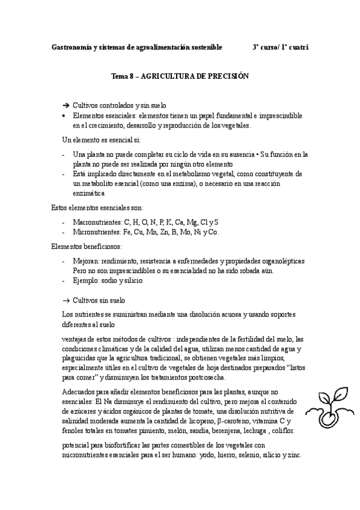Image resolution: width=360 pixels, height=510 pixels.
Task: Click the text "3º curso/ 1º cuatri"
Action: coord(280,47)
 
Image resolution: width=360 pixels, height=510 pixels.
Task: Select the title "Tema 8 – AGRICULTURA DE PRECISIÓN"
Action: coord(180,77)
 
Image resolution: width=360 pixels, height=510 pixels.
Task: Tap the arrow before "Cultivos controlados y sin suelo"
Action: coord(66,105)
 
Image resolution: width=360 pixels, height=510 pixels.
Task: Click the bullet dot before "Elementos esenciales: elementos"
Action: coord(65,115)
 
